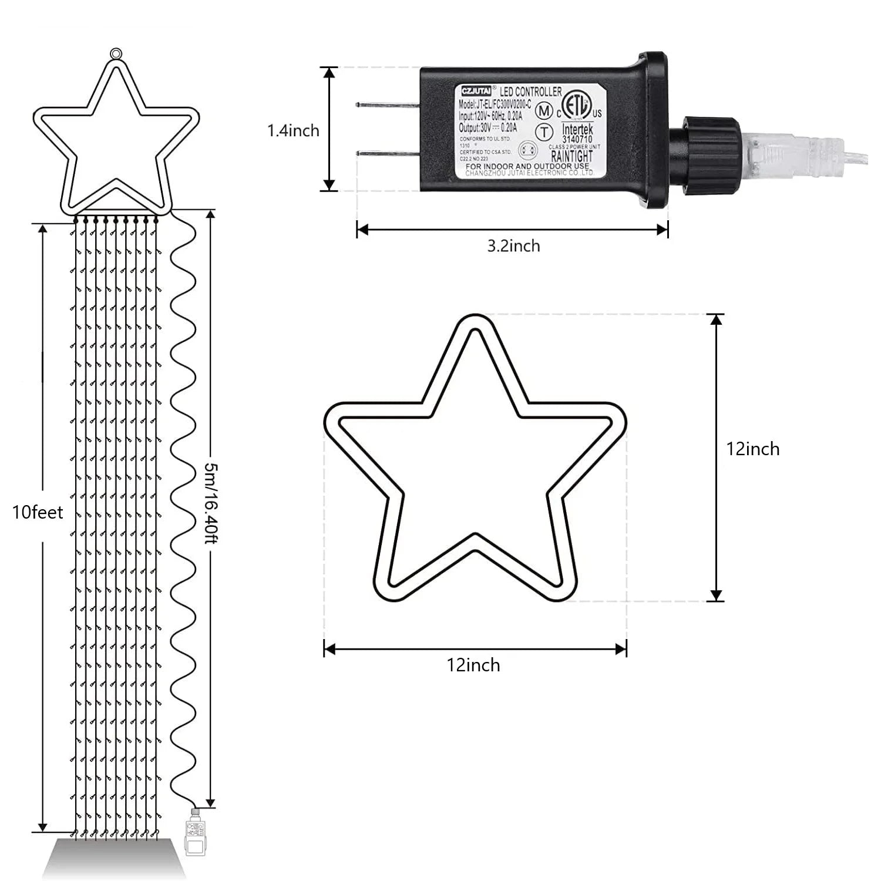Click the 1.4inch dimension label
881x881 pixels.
[x=293, y=130]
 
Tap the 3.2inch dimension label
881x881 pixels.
[x=513, y=246]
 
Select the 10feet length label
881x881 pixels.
[x=38, y=513]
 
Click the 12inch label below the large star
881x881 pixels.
[x=473, y=665]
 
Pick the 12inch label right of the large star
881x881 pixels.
[x=753, y=449]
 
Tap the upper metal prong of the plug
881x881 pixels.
[x=388, y=105]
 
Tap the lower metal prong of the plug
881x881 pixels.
[x=388, y=153]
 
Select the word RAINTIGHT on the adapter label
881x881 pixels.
[x=571, y=156]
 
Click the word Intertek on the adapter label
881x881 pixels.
[x=577, y=129]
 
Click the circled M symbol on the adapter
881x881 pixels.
[x=545, y=110]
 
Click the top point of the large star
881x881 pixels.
[x=474, y=322]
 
